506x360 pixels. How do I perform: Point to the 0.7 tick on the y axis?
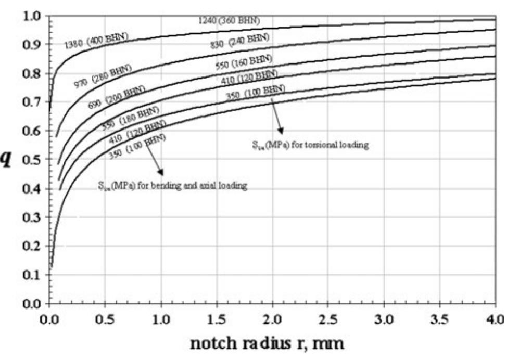point(32,102)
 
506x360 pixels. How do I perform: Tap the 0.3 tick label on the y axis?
point(32,217)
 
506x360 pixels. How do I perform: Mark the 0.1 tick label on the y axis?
point(32,275)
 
